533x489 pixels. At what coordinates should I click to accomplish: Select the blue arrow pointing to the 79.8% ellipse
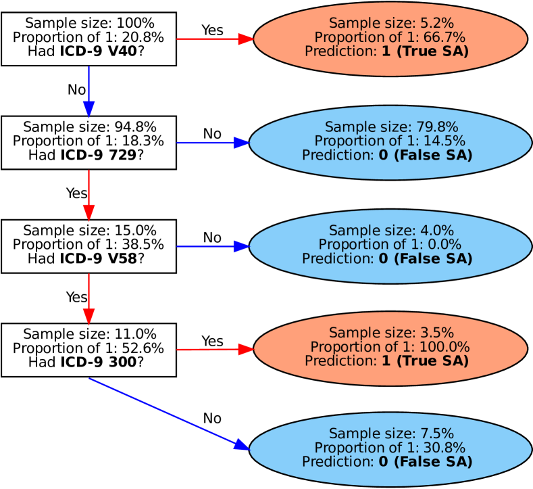click(x=213, y=143)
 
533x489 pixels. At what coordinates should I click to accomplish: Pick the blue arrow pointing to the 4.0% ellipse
click(x=213, y=246)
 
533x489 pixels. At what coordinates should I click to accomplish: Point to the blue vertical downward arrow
click(x=88, y=91)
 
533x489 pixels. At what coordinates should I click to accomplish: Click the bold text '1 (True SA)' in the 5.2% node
click(x=425, y=51)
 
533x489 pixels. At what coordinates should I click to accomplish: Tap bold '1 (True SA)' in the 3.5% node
click(x=425, y=361)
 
